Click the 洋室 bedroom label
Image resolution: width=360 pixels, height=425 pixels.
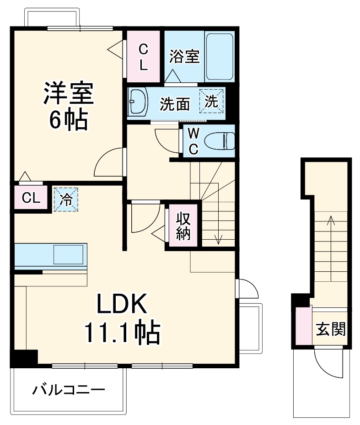tap(69, 93)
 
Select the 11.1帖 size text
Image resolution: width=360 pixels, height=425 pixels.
tap(121, 333)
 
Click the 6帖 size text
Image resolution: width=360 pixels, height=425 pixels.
tap(69, 120)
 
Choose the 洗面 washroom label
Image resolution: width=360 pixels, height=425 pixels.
tap(175, 104)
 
